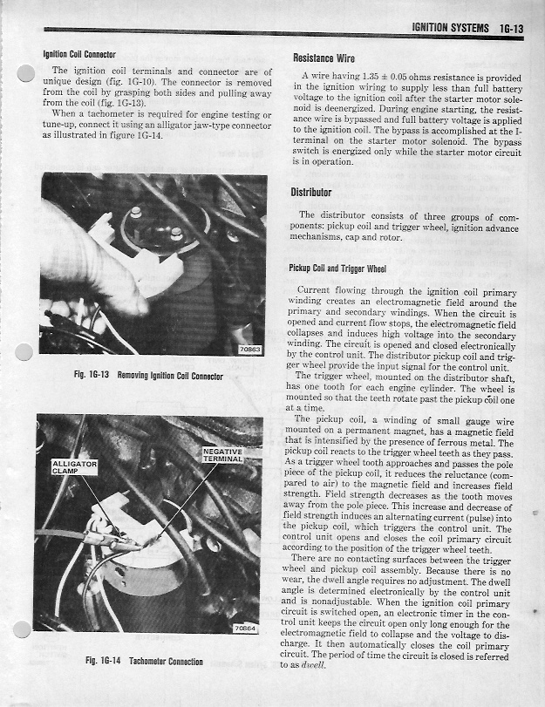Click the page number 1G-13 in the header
pos(507,29)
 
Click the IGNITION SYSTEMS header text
pos(449,29)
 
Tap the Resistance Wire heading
pos(324,58)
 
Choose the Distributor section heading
pos(311,192)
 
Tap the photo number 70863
pos(252,349)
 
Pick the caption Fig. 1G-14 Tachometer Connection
pos(144,661)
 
